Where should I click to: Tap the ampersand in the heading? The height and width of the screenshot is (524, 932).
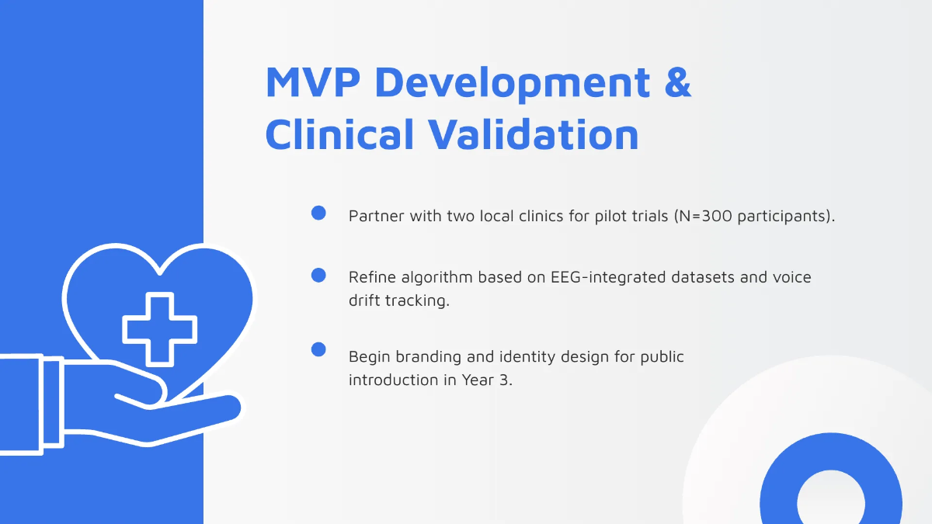677,82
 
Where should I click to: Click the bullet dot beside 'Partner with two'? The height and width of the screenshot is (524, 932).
318,213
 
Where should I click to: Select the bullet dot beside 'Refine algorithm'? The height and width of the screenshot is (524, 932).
318,275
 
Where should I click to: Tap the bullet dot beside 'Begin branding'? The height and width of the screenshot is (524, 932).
318,349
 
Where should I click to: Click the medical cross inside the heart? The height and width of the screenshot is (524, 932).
160,329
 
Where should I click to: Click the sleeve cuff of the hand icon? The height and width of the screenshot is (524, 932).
51,401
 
